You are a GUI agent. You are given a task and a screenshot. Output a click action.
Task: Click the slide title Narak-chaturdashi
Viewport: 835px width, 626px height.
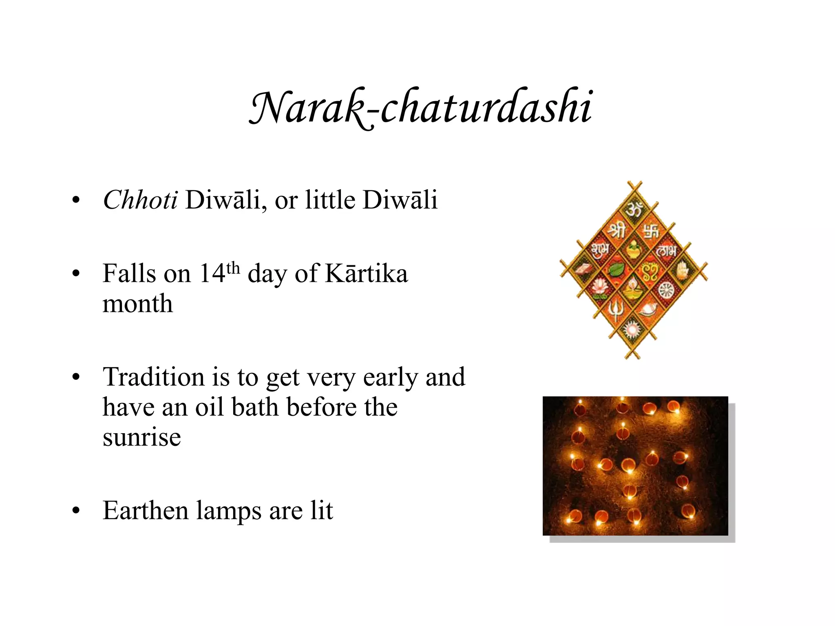point(420,108)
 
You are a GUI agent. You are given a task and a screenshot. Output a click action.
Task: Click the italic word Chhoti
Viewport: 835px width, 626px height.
point(140,200)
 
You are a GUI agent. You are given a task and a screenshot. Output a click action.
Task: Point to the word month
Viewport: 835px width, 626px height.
point(137,304)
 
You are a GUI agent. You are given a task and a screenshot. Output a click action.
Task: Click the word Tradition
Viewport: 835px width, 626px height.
point(153,377)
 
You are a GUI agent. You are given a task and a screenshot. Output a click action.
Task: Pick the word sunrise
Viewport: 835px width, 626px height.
point(141,437)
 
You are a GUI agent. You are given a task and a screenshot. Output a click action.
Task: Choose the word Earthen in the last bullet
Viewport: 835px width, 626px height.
point(145,510)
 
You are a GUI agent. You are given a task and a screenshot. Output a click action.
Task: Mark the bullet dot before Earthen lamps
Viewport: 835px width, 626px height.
point(75,511)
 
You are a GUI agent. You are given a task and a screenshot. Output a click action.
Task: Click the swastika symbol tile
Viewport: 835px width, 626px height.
point(651,232)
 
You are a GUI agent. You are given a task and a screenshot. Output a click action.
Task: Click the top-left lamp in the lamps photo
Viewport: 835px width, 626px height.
point(580,408)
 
